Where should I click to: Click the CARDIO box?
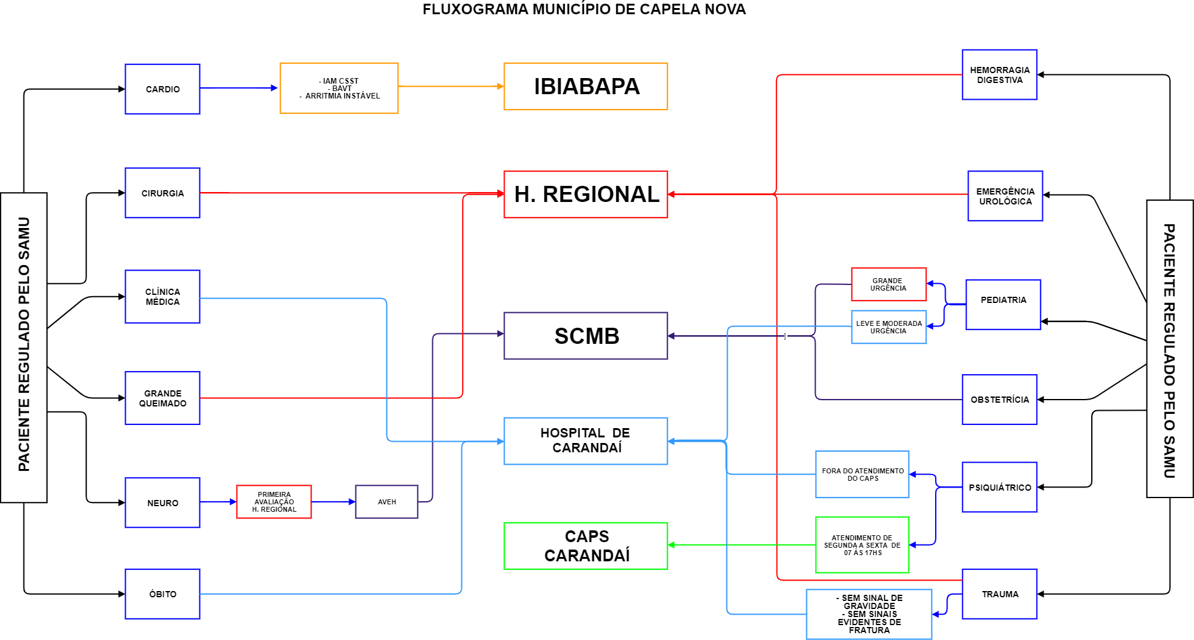click(x=162, y=89)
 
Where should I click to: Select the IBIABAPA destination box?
click(x=585, y=87)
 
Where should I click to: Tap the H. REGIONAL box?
click(x=585, y=195)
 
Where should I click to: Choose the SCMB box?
click(x=585, y=336)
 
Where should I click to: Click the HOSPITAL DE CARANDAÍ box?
click(x=585, y=441)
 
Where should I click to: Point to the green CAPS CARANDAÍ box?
click(x=585, y=546)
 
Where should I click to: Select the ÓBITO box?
click(x=162, y=594)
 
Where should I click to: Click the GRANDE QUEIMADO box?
click(x=162, y=398)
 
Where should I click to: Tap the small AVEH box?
click(x=386, y=502)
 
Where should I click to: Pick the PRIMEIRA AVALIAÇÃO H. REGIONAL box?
click(x=274, y=502)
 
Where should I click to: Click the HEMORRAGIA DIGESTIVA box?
click(x=1000, y=75)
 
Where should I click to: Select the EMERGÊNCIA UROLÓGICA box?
click(x=1005, y=196)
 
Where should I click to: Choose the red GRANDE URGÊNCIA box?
click(x=888, y=284)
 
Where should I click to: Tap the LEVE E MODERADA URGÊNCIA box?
click(x=888, y=327)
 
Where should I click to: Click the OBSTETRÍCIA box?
click(x=1000, y=400)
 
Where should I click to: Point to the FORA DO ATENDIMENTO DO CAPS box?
click(x=862, y=475)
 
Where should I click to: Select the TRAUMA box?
click(x=1000, y=594)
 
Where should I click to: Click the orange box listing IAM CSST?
click(x=339, y=88)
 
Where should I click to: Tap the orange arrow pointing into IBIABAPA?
click(x=499, y=86)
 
